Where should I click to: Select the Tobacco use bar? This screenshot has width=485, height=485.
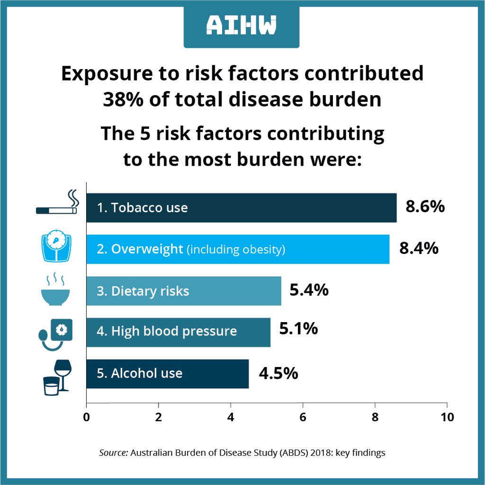[241, 207]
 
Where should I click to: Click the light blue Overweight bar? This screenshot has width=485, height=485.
[237, 249]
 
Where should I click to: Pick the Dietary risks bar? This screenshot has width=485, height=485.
[184, 291]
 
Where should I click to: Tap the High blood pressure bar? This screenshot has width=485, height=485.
[178, 332]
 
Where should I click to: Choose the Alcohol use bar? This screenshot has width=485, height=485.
[167, 373]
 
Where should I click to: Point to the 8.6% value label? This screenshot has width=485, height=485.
[425, 207]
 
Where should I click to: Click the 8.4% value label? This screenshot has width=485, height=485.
[419, 248]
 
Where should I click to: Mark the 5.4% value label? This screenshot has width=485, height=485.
[309, 290]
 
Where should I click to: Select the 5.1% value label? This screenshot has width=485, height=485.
[298, 329]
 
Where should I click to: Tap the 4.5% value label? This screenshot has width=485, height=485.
[278, 373]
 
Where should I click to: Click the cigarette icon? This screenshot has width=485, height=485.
[57, 205]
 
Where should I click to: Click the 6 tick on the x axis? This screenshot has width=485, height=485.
[303, 417]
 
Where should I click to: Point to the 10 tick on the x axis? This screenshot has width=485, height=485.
[447, 417]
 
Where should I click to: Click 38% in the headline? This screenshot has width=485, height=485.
[122, 99]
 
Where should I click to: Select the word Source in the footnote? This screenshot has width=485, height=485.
[113, 453]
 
